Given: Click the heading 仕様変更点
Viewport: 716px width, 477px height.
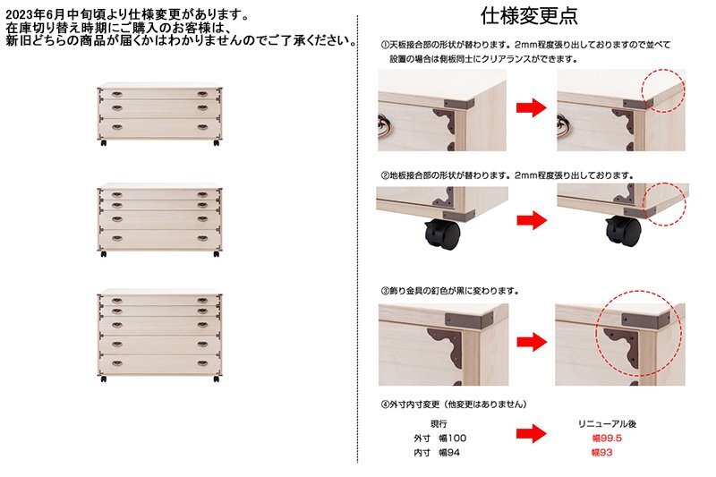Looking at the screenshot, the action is coord(529,16).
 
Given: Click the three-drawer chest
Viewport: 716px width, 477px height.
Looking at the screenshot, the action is coord(159,114).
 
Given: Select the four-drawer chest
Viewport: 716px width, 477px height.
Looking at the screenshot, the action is coord(159,220).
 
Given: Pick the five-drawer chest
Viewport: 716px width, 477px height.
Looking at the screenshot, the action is coord(159,336).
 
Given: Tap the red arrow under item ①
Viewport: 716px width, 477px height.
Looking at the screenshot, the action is coord(531,108).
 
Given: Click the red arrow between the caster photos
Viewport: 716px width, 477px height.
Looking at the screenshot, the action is coord(532,220).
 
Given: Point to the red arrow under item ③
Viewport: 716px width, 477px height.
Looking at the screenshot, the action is coord(532,342).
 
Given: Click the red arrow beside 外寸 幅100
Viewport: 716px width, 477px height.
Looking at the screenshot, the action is coord(532,434).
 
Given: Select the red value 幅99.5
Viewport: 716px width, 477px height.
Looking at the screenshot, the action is coord(607,439).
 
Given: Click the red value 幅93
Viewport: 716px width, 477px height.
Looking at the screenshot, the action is coord(601,453).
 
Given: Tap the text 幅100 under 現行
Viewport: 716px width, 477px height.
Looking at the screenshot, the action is coord(453,439).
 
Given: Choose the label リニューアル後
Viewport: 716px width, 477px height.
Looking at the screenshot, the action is coord(607,423).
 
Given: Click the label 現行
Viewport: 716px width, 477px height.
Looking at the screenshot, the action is coord(439,423).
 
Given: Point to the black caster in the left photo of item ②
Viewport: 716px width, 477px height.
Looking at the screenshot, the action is coord(442,233).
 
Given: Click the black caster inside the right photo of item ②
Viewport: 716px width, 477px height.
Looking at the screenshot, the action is coord(623,230).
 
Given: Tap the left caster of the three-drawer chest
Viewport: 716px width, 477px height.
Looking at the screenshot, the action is coord(104,143).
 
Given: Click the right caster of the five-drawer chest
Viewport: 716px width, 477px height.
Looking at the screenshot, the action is coord(217,379).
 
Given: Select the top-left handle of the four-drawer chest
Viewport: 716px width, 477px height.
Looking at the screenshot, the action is coord(117,194).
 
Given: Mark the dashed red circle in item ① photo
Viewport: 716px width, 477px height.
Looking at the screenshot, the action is coord(663,90).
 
